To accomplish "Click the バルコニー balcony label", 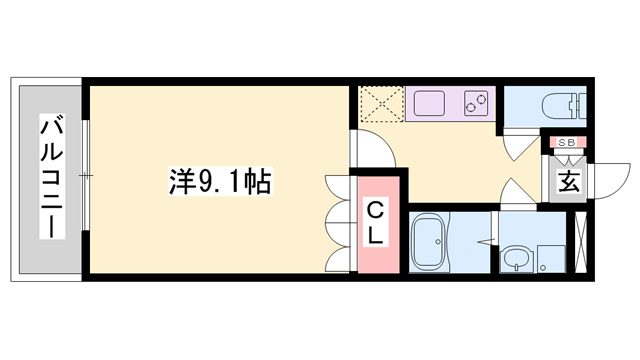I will (x=51, y=177).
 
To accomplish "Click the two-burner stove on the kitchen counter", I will (x=474, y=103).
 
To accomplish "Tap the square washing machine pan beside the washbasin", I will (x=550, y=259).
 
